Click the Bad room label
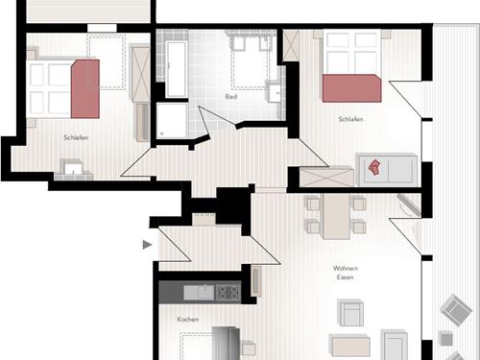231,96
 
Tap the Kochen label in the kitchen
188,320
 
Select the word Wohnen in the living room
345,268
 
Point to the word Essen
345,277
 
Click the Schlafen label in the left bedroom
76,137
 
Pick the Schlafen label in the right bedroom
350,119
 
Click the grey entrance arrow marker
147,245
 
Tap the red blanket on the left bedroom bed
85,89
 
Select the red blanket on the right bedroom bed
351,88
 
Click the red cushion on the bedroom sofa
373,168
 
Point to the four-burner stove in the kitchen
228,293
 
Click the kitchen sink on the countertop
199,293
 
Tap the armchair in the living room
350,313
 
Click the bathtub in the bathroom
176,69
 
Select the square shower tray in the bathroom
172,120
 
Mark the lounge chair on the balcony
456,310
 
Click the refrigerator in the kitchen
227,343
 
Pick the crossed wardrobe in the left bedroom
140,74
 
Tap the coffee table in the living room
349,346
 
